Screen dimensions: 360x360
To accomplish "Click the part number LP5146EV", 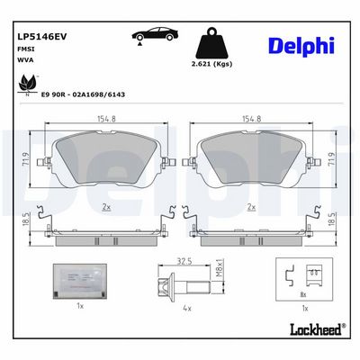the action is pyautogui.click(x=42, y=37).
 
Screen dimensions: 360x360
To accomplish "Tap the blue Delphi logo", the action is pyautogui.click(x=301, y=47).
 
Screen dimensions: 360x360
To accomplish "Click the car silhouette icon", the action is pyautogui.click(x=155, y=34).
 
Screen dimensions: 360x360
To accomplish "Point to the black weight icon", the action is pyautogui.click(x=211, y=43).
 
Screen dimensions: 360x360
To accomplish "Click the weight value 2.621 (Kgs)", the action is pyautogui.click(x=211, y=64).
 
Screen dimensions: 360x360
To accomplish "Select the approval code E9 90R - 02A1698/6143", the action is pyautogui.click(x=83, y=94).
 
